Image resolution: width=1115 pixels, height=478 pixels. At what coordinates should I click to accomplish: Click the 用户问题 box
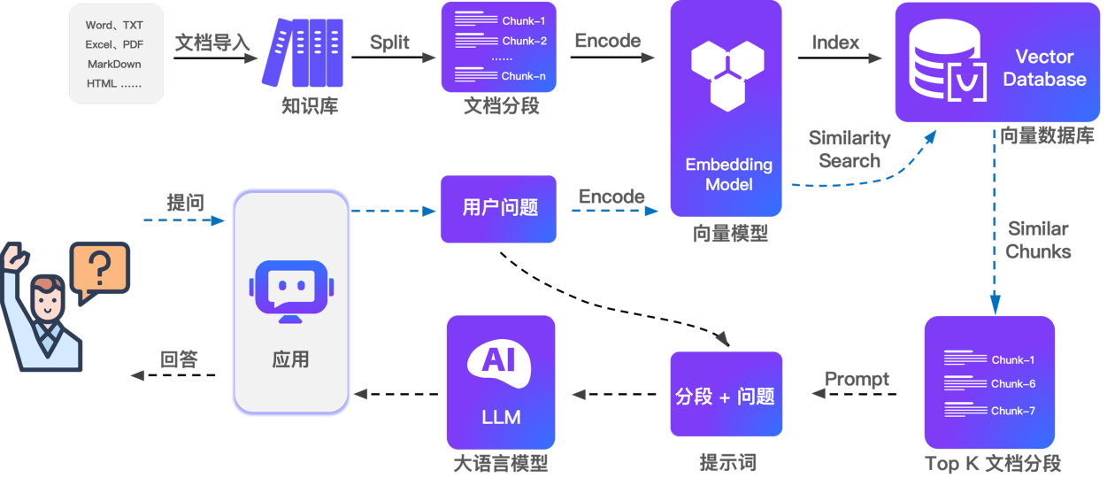(499, 209)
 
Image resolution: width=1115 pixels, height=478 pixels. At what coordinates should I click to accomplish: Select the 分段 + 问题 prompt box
(726, 395)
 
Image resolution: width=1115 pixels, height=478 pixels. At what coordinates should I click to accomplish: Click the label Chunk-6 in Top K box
(1013, 384)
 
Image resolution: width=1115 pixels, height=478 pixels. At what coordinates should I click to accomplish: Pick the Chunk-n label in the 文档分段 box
(524, 77)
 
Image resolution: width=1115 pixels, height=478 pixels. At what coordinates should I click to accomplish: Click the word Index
(836, 42)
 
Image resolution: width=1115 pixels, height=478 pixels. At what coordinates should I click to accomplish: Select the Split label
(390, 42)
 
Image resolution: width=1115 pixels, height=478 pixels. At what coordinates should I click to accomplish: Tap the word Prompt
(857, 379)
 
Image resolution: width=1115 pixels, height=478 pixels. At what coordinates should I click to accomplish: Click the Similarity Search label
(850, 150)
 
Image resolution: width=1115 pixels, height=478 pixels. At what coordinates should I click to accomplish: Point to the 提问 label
(186, 203)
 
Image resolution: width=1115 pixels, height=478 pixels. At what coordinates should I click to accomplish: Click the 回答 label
(180, 359)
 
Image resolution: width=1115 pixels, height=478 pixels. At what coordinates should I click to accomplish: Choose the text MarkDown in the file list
(114, 65)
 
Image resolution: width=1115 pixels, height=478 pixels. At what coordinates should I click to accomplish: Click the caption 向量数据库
(1047, 136)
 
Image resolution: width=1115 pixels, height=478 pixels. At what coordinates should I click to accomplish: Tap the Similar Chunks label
(1038, 240)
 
